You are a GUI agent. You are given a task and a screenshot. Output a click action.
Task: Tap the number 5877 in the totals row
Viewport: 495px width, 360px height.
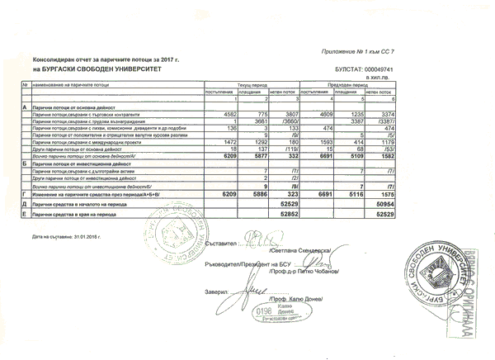coord(257,156)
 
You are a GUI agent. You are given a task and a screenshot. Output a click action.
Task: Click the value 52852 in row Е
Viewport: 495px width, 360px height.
coord(286,212)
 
